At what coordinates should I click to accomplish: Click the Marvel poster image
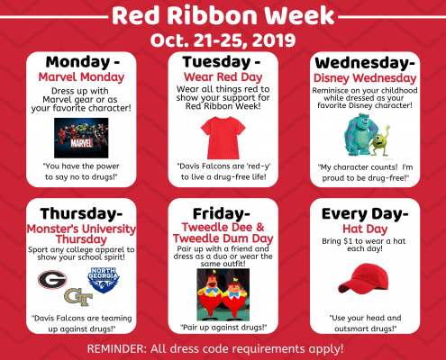[81, 138]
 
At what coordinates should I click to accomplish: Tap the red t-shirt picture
[223, 138]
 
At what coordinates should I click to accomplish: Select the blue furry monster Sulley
[359, 134]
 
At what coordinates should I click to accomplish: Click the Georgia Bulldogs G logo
[52, 280]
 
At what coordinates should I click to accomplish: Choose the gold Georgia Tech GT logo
[78, 297]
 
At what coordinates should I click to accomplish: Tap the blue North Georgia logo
[104, 280]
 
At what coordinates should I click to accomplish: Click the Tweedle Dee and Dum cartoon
[223, 295]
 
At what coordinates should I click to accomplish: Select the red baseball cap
[363, 279]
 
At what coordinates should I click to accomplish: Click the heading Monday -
[83, 62]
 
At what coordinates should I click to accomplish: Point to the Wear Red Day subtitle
[223, 77]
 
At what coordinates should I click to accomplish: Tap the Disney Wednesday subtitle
[365, 78]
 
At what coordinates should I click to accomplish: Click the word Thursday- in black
[81, 213]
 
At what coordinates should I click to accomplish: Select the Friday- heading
[222, 213]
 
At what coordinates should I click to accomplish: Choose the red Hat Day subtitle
[365, 229]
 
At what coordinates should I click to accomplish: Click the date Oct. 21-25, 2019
[223, 40]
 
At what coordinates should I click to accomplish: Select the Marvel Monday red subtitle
[81, 77]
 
